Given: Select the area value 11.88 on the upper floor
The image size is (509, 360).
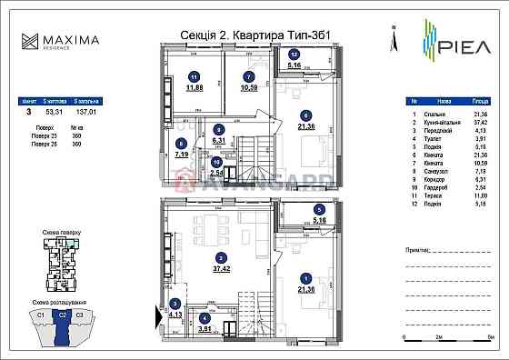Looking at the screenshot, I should (x=194, y=88).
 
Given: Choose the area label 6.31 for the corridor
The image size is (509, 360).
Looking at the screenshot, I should (x=217, y=141).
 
